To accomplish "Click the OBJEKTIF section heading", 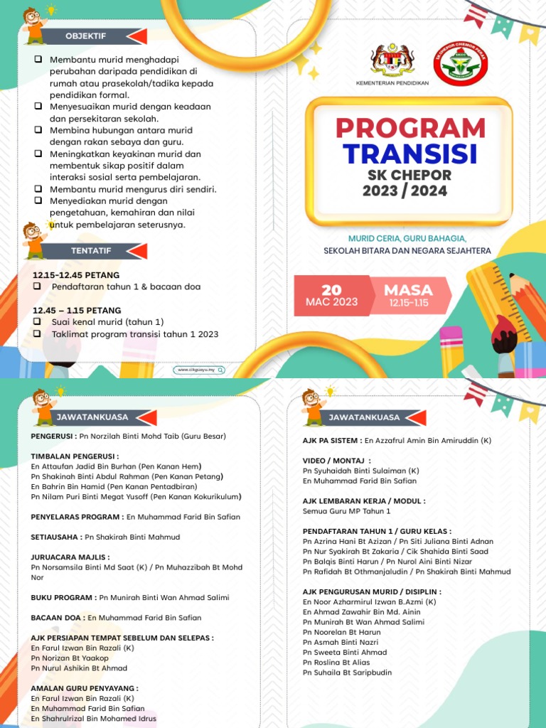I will [x=86, y=36].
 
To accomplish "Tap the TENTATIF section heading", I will [x=86, y=251].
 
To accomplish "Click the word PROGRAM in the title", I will [x=410, y=128].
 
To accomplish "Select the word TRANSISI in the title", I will [x=410, y=154].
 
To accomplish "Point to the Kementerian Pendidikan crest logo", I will [x=392, y=61].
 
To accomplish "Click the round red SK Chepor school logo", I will [x=460, y=63].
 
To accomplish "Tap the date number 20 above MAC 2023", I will [x=332, y=289].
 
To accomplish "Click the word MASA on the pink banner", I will [x=408, y=290].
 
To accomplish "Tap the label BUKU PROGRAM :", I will [x=64, y=598].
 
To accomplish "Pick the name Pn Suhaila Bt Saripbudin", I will [x=347, y=673].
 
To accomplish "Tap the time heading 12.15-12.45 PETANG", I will [x=76, y=275].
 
